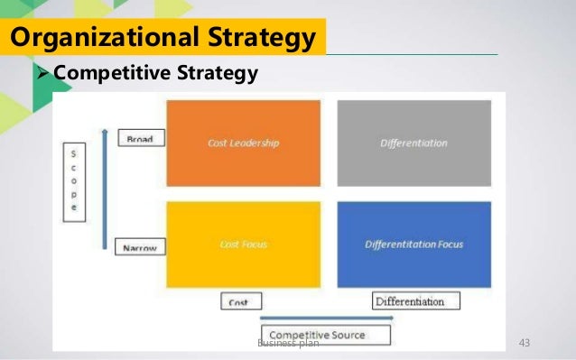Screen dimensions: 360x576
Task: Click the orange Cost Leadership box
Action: click(x=243, y=143)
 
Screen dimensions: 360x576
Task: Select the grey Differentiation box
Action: click(x=413, y=143)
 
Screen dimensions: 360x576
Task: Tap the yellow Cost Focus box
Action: click(x=243, y=244)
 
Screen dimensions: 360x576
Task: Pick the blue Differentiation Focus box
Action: click(x=413, y=244)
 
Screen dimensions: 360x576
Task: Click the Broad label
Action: click(x=139, y=140)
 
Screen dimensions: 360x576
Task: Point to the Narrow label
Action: click(x=139, y=246)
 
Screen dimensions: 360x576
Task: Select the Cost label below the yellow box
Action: click(x=238, y=301)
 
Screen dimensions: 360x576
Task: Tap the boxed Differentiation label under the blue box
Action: click(x=415, y=300)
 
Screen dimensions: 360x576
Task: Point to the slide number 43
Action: click(x=521, y=343)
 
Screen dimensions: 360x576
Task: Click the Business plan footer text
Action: click(x=287, y=344)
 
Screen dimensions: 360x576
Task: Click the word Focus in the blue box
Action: click(x=449, y=244)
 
